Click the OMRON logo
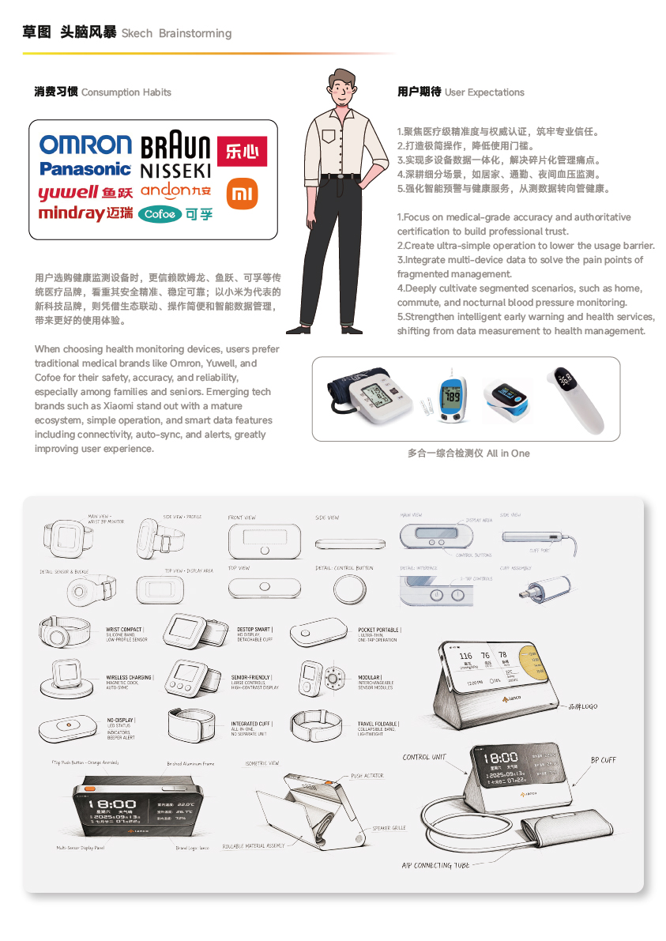(x=85, y=145)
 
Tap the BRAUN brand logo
(x=175, y=147)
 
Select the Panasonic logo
(x=85, y=168)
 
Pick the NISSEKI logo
(x=175, y=170)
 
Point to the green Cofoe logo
(x=160, y=214)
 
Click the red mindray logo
(x=71, y=213)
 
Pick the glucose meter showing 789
(x=450, y=397)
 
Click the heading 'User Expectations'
(x=484, y=92)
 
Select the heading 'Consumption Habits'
(x=126, y=92)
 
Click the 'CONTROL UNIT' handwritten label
(x=424, y=757)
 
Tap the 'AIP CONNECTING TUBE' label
(x=435, y=865)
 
